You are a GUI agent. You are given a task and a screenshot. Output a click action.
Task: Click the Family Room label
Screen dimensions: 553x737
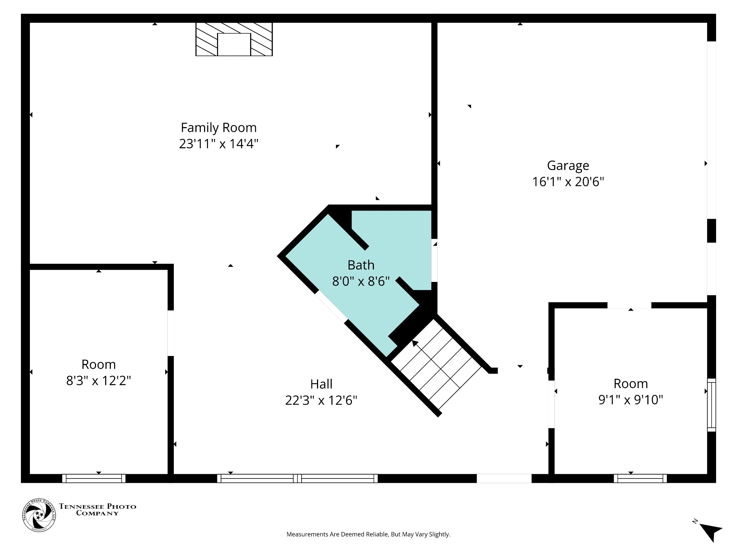218,127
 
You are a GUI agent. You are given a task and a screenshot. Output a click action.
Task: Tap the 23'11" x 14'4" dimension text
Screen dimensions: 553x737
218,144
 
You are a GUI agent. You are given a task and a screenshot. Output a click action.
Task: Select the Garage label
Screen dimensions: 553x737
568,165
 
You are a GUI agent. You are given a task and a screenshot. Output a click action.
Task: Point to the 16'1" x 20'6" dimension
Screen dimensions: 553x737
568,181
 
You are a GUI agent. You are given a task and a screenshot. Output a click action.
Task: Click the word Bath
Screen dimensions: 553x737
361,265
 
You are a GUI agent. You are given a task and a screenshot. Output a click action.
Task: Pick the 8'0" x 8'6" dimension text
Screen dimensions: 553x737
361,281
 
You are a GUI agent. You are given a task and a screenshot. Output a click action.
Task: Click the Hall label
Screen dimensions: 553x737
321,384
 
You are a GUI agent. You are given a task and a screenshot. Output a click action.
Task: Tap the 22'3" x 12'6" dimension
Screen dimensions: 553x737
321,400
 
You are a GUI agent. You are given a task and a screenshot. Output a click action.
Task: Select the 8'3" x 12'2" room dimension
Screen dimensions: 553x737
98,380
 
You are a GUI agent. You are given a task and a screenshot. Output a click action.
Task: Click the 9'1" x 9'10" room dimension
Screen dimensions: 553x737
630,400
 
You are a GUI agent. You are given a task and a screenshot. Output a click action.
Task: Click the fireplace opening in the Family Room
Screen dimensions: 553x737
234,45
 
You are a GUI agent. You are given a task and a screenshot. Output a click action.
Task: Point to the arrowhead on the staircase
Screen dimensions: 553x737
415,343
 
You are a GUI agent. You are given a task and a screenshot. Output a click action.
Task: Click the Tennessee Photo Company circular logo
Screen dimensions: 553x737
39,515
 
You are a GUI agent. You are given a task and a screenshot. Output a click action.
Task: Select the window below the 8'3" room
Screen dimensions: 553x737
94,478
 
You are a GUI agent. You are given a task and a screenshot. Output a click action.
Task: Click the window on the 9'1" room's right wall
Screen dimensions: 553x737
711,405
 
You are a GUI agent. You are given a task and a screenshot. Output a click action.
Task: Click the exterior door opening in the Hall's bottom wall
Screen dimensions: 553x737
504,478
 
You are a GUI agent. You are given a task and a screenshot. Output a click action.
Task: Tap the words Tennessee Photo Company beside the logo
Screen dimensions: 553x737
98,509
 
